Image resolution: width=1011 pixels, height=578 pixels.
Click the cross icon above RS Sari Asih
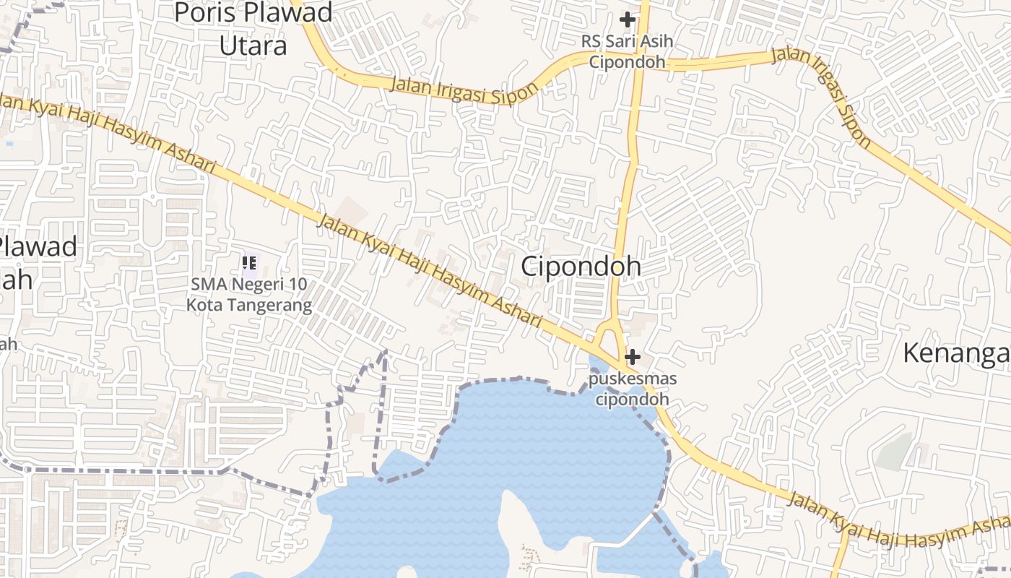[627, 20]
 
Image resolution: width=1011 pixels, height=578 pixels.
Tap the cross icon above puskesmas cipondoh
[633, 357]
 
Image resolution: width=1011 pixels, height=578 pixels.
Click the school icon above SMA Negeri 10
[249, 264]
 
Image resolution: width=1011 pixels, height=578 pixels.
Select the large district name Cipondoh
[581, 266]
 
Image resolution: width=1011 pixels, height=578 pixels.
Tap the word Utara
[253, 45]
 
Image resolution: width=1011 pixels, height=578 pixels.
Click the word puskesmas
[633, 379]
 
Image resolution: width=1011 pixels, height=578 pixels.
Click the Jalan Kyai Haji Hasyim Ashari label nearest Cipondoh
[430, 271]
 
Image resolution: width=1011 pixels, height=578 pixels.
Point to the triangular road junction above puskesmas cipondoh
[610, 338]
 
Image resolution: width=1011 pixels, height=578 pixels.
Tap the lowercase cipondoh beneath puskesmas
[633, 398]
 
